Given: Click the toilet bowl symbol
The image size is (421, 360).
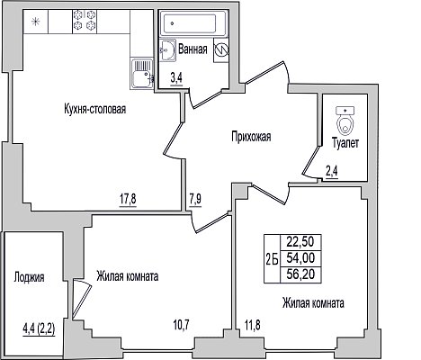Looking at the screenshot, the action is (345, 121).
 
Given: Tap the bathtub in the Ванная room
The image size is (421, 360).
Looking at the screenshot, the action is (189, 23).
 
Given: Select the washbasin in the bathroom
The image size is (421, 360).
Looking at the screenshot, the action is (167, 50).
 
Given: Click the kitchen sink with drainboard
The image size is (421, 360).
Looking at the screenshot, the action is (142, 74).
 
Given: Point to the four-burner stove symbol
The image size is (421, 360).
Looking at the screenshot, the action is (85, 21).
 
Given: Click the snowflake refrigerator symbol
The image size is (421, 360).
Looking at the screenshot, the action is (36, 22).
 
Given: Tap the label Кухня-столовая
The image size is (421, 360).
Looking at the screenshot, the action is (95, 109).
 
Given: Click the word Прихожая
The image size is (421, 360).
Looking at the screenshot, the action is (251, 137).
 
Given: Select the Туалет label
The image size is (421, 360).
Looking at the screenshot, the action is (345, 143).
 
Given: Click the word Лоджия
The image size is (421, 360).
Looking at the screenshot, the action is (29, 277).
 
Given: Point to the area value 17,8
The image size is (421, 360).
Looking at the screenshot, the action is (128, 200).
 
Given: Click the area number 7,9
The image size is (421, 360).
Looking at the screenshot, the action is (195, 200).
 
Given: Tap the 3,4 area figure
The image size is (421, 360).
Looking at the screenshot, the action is (176, 78).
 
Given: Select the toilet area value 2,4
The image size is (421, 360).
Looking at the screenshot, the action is (332, 172).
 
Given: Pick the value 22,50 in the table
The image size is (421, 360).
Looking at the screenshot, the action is (300, 241).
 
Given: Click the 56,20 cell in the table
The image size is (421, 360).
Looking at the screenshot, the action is (300, 274).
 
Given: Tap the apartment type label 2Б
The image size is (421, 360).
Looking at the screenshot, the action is (272, 258).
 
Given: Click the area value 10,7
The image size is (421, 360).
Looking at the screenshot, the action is (182, 324).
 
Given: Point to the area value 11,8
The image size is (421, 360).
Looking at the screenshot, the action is (252, 325).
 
